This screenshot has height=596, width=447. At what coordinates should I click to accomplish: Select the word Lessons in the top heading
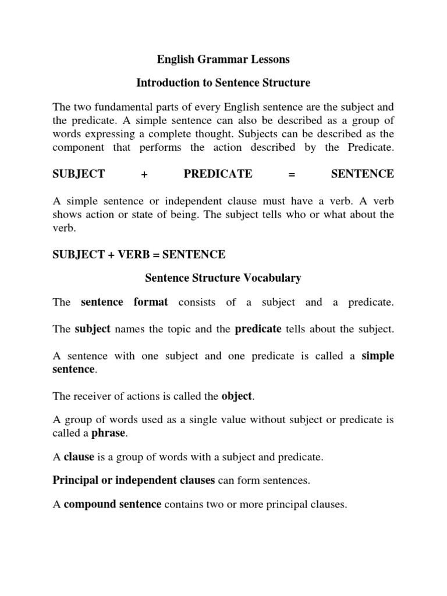pos(267,59)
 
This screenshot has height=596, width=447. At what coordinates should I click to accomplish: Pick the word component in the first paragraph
pos(78,147)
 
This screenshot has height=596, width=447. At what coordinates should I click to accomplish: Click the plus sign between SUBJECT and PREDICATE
pos(144,174)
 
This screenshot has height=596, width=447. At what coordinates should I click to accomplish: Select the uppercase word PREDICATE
pos(218,173)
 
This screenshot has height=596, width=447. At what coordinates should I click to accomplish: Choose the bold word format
pos(151,302)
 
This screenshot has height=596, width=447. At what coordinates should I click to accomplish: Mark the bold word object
pos(236,396)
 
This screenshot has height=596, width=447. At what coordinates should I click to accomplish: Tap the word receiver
pos(92,396)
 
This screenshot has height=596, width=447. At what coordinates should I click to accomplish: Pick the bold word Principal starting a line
pos(73,481)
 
